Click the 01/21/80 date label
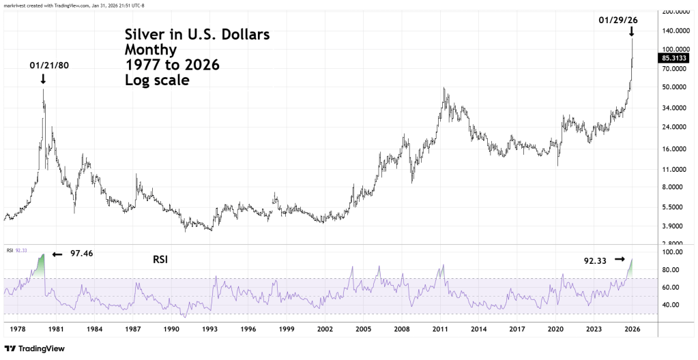[x=48, y=65]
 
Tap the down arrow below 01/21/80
[x=44, y=79]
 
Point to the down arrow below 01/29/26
[x=632, y=31]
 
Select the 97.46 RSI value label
[x=81, y=253]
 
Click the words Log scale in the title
[x=157, y=80]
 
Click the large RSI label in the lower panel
[x=160, y=260]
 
